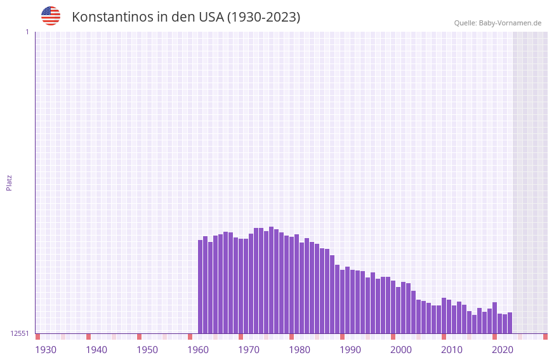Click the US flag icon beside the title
tap(51, 16)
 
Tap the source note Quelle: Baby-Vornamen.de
tap(498, 23)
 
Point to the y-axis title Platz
tap(9, 182)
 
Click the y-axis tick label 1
tap(27, 32)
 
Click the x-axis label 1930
tap(46, 350)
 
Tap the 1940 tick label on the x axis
tap(96, 350)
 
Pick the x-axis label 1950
tap(147, 350)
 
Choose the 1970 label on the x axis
tap(249, 350)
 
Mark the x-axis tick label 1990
tap(350, 350)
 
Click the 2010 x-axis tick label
tap(452, 350)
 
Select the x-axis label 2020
tap(503, 350)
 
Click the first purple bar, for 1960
tap(201, 286)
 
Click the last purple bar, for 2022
tap(510, 323)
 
